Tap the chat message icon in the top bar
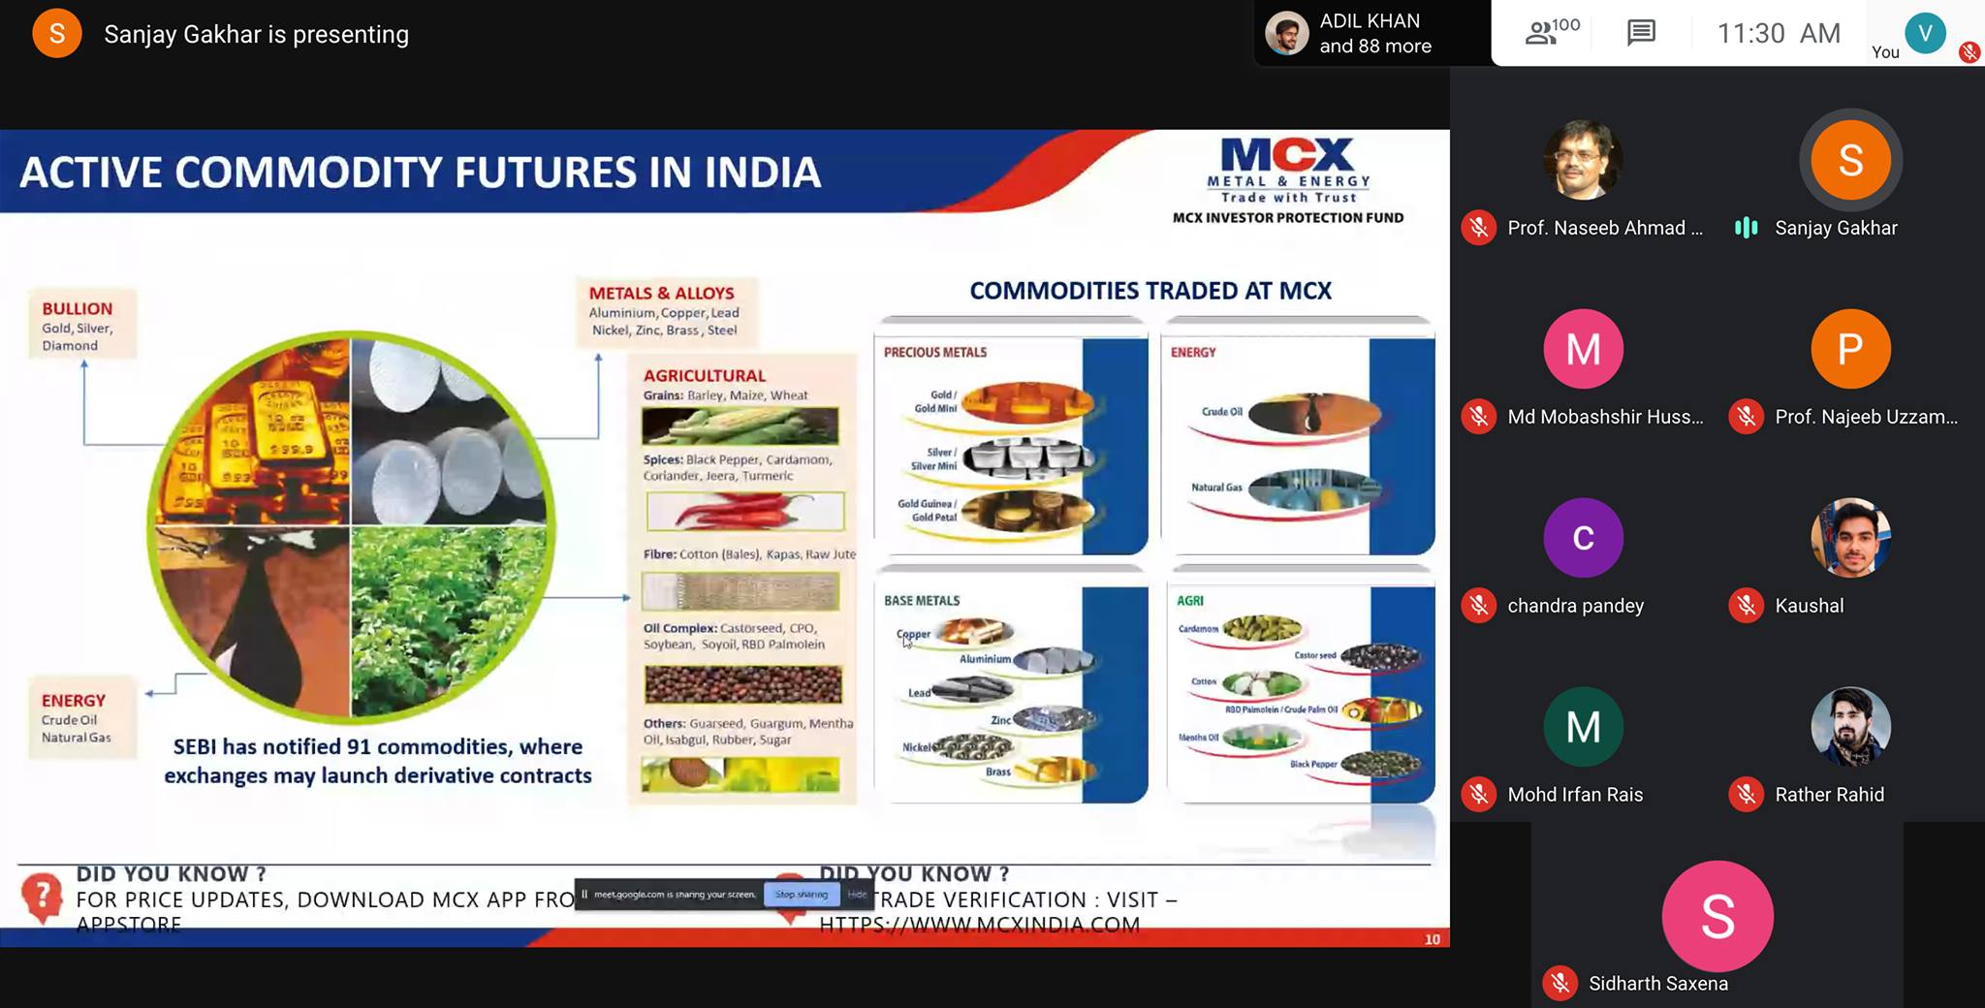[1641, 33]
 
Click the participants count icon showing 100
[1551, 32]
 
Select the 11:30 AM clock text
[1778, 33]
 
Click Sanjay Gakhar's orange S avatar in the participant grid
[1850, 160]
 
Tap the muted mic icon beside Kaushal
[1746, 606]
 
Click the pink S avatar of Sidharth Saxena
[1717, 916]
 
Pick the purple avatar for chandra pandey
[1583, 538]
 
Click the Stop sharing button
[801, 895]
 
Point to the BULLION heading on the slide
[77, 308]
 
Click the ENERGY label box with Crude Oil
[75, 717]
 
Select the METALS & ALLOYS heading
[661, 293]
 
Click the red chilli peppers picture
[744, 511]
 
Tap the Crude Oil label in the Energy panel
[1221, 411]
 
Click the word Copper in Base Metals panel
[914, 634]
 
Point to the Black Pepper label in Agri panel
[1312, 764]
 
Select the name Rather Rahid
[1829, 795]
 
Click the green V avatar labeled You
[1925, 33]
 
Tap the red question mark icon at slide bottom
[42, 896]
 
